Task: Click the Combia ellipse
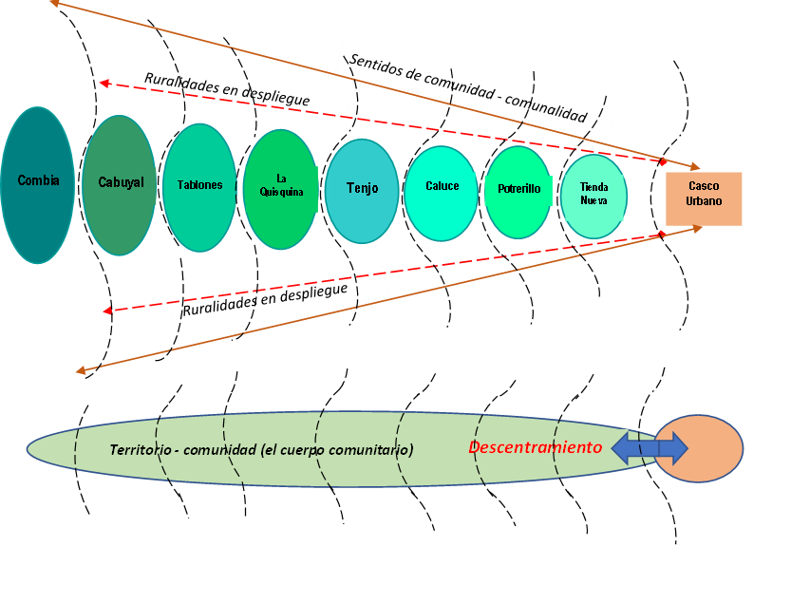click(x=38, y=185)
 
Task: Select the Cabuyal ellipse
click(x=120, y=185)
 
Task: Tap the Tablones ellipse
click(x=199, y=187)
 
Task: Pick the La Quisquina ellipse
click(x=280, y=188)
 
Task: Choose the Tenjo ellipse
click(x=362, y=189)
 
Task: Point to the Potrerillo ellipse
click(x=518, y=192)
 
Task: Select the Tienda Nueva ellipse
click(x=593, y=196)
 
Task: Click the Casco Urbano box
click(x=704, y=198)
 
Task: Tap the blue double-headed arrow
click(x=650, y=448)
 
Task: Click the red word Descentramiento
click(x=536, y=447)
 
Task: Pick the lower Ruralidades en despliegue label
click(x=266, y=299)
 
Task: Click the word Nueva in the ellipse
click(x=593, y=201)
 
